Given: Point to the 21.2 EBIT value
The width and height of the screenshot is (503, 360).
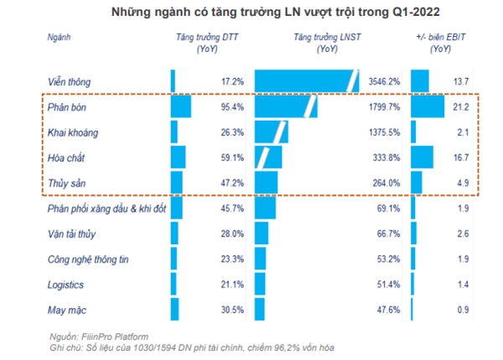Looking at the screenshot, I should coord(460,108).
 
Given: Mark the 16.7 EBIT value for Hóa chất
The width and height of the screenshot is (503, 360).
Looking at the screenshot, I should coord(460,157).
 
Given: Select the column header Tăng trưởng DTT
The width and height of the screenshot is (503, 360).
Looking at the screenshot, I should coord(205,44).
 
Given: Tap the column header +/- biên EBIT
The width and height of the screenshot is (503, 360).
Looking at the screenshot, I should coord(439,44).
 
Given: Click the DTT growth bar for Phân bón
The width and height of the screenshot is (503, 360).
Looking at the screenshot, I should coord(181,108).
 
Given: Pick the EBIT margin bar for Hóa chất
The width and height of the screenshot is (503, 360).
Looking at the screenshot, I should coord(422,157).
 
